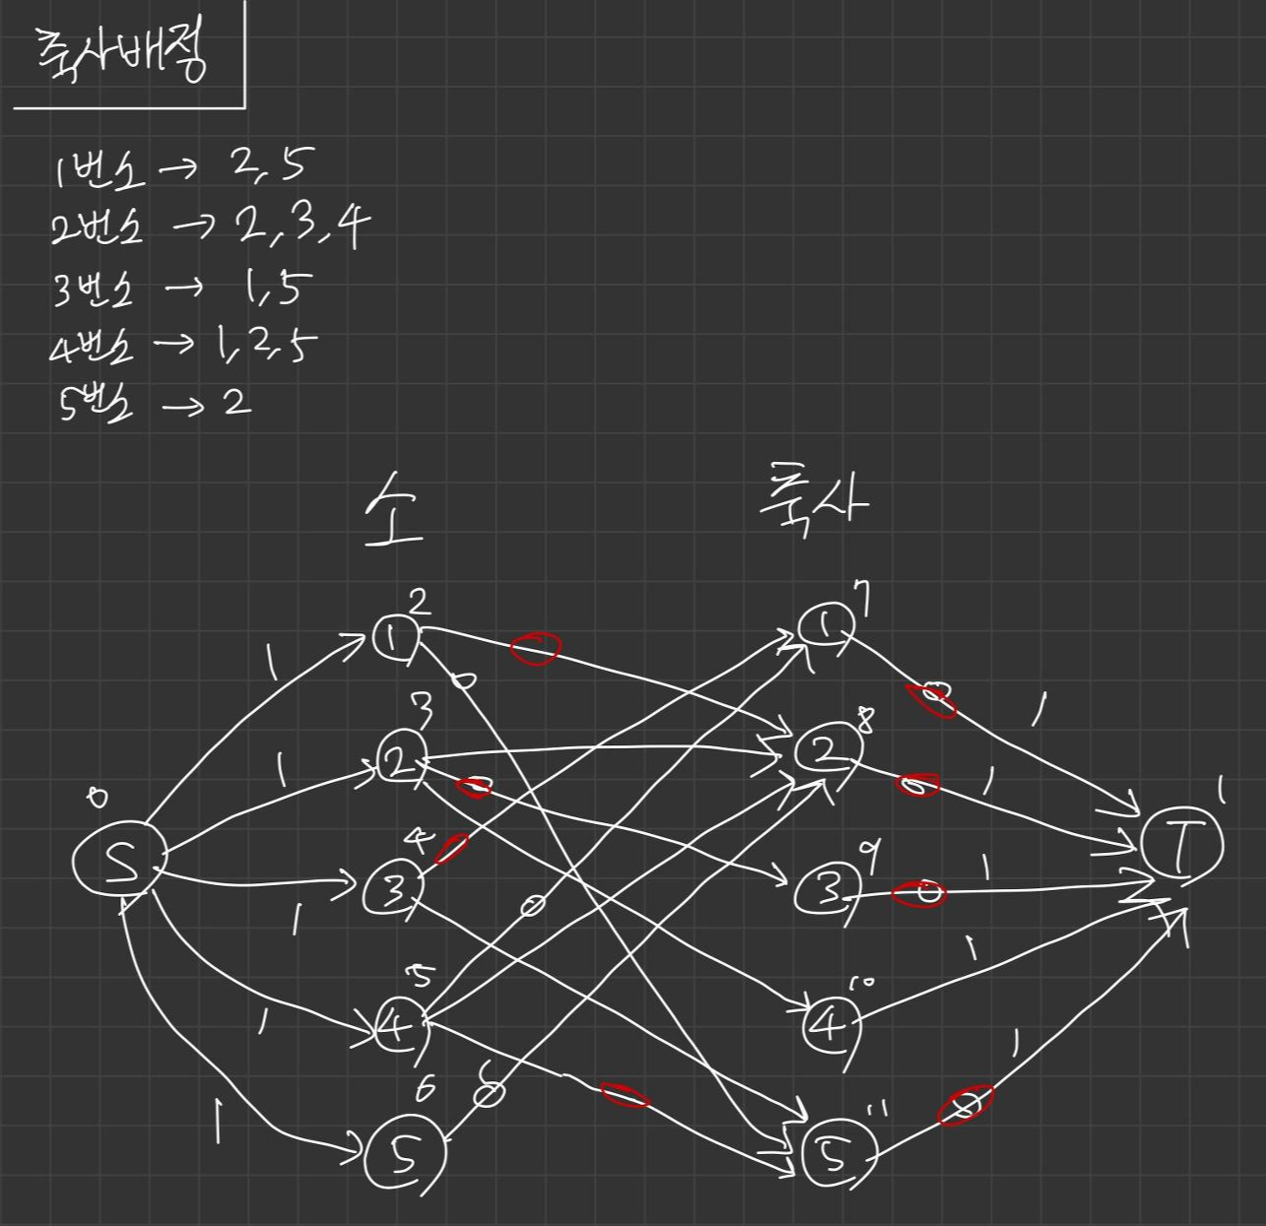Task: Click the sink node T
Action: [x=1181, y=844]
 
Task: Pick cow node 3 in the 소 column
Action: [x=392, y=892]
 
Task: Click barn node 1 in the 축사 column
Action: [x=825, y=624]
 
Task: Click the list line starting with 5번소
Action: [x=154, y=404]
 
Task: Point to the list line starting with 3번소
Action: [x=182, y=289]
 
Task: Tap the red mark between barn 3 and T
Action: [x=918, y=894]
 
